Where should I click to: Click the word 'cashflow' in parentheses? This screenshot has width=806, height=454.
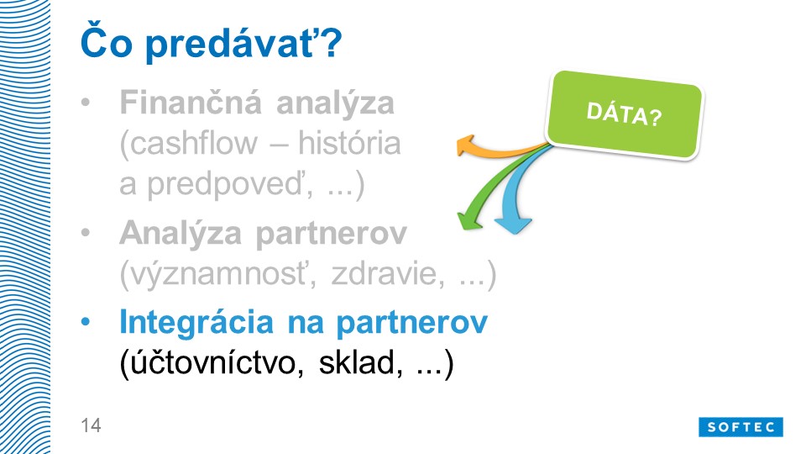click(188, 143)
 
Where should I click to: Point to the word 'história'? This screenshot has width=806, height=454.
click(349, 142)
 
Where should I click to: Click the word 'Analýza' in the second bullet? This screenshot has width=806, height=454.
click(181, 234)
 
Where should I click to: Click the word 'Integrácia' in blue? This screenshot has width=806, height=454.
click(196, 323)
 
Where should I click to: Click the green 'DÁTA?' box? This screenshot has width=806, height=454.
click(624, 114)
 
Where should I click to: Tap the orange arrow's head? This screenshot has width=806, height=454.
click(466, 145)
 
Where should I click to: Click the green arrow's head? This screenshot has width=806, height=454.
click(468, 220)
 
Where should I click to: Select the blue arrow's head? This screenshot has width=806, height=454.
click(513, 225)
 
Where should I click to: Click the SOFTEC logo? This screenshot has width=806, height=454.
click(741, 427)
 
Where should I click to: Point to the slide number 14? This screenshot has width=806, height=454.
click(91, 425)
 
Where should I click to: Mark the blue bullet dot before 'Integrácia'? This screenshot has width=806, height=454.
click(86, 323)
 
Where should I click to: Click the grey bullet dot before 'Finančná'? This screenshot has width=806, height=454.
click(86, 102)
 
